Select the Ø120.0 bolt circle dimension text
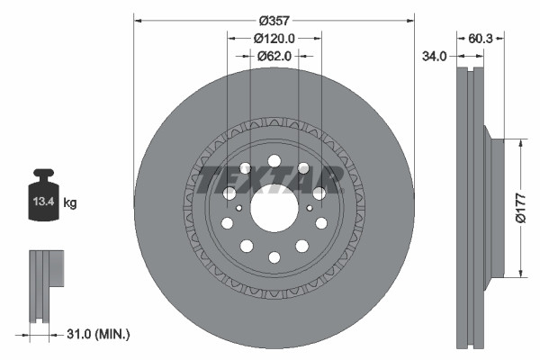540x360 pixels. click(x=274, y=39)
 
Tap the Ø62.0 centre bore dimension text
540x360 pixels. click(x=274, y=56)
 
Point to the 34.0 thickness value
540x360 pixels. click(x=435, y=56)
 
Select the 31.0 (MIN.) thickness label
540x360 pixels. click(x=98, y=334)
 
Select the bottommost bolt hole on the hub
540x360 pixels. click(x=274, y=258)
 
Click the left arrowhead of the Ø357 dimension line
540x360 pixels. click(x=138, y=20)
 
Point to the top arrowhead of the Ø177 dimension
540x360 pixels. click(x=521, y=143)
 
